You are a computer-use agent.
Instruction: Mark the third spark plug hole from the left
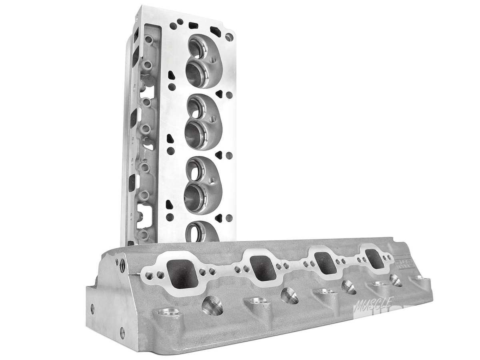(x=349, y=286)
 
